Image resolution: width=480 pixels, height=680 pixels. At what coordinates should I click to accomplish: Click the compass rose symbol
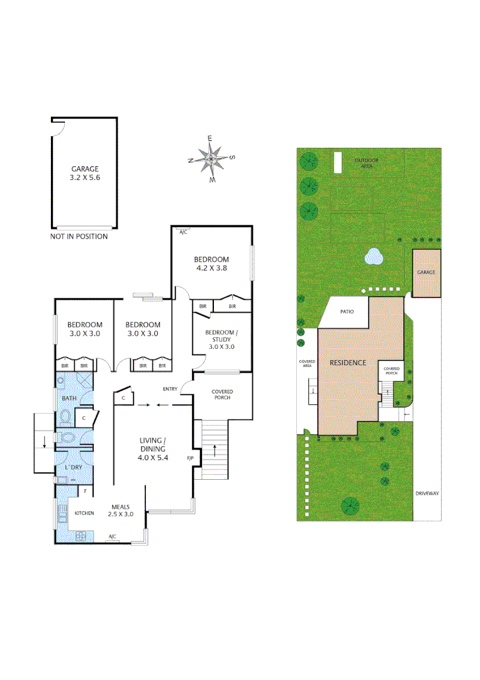click(211, 158)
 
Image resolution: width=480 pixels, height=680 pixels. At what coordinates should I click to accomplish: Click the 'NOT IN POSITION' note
click(79, 237)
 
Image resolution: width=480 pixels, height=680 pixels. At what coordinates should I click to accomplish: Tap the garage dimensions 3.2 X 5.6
click(85, 178)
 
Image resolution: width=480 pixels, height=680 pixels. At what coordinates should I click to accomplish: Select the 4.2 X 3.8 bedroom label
click(211, 268)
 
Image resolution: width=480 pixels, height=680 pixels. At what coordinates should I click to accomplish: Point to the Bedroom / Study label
click(221, 339)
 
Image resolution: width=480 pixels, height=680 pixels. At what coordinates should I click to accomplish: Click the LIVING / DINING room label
click(152, 449)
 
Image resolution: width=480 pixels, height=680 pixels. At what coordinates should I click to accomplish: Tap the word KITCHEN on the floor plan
click(84, 513)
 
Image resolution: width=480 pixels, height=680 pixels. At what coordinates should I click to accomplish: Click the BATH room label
click(69, 399)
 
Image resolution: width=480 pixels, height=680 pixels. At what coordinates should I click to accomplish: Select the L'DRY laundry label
click(74, 467)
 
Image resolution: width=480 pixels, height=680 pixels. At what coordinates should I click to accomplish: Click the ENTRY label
click(170, 389)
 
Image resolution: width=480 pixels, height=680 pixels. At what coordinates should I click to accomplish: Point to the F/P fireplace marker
click(190, 458)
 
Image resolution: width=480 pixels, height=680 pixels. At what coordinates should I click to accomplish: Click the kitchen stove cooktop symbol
click(81, 536)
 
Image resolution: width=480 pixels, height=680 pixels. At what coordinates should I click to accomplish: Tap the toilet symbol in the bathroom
click(66, 417)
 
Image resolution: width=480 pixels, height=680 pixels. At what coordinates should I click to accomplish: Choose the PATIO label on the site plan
click(347, 312)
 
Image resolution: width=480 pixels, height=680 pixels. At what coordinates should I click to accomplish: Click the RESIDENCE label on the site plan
click(348, 363)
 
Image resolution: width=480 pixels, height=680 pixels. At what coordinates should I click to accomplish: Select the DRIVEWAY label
click(427, 494)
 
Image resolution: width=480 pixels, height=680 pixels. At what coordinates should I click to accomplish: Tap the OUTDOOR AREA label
click(364, 163)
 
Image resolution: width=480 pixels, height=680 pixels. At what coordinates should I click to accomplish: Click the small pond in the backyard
click(374, 256)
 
